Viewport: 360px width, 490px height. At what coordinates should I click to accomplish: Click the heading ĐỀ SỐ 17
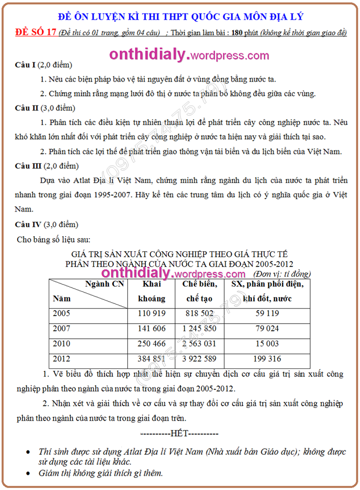pos(36,33)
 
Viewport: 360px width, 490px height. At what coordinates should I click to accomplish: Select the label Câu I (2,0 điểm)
pos(43,65)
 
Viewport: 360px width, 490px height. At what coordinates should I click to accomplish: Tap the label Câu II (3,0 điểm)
pos(45,108)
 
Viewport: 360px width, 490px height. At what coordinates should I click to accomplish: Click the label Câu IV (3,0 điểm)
pos(46,224)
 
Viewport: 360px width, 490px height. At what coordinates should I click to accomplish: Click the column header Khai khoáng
pos(151,291)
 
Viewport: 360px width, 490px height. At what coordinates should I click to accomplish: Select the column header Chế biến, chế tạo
pos(200,291)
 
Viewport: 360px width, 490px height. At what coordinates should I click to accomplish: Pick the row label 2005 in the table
pos(61,314)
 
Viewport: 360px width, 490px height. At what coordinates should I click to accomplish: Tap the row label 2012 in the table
pos(61,359)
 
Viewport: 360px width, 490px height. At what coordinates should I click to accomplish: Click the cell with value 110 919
pos(151,314)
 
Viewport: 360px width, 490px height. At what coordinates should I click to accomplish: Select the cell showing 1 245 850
pos(200,329)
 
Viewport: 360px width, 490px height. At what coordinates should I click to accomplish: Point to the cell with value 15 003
pos(267,344)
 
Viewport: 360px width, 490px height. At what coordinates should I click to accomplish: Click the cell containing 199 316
pos(267,359)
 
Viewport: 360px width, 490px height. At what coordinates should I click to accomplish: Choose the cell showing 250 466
pos(151,344)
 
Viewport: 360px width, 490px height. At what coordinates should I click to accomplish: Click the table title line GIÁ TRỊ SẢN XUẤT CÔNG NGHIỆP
pos(179,254)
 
